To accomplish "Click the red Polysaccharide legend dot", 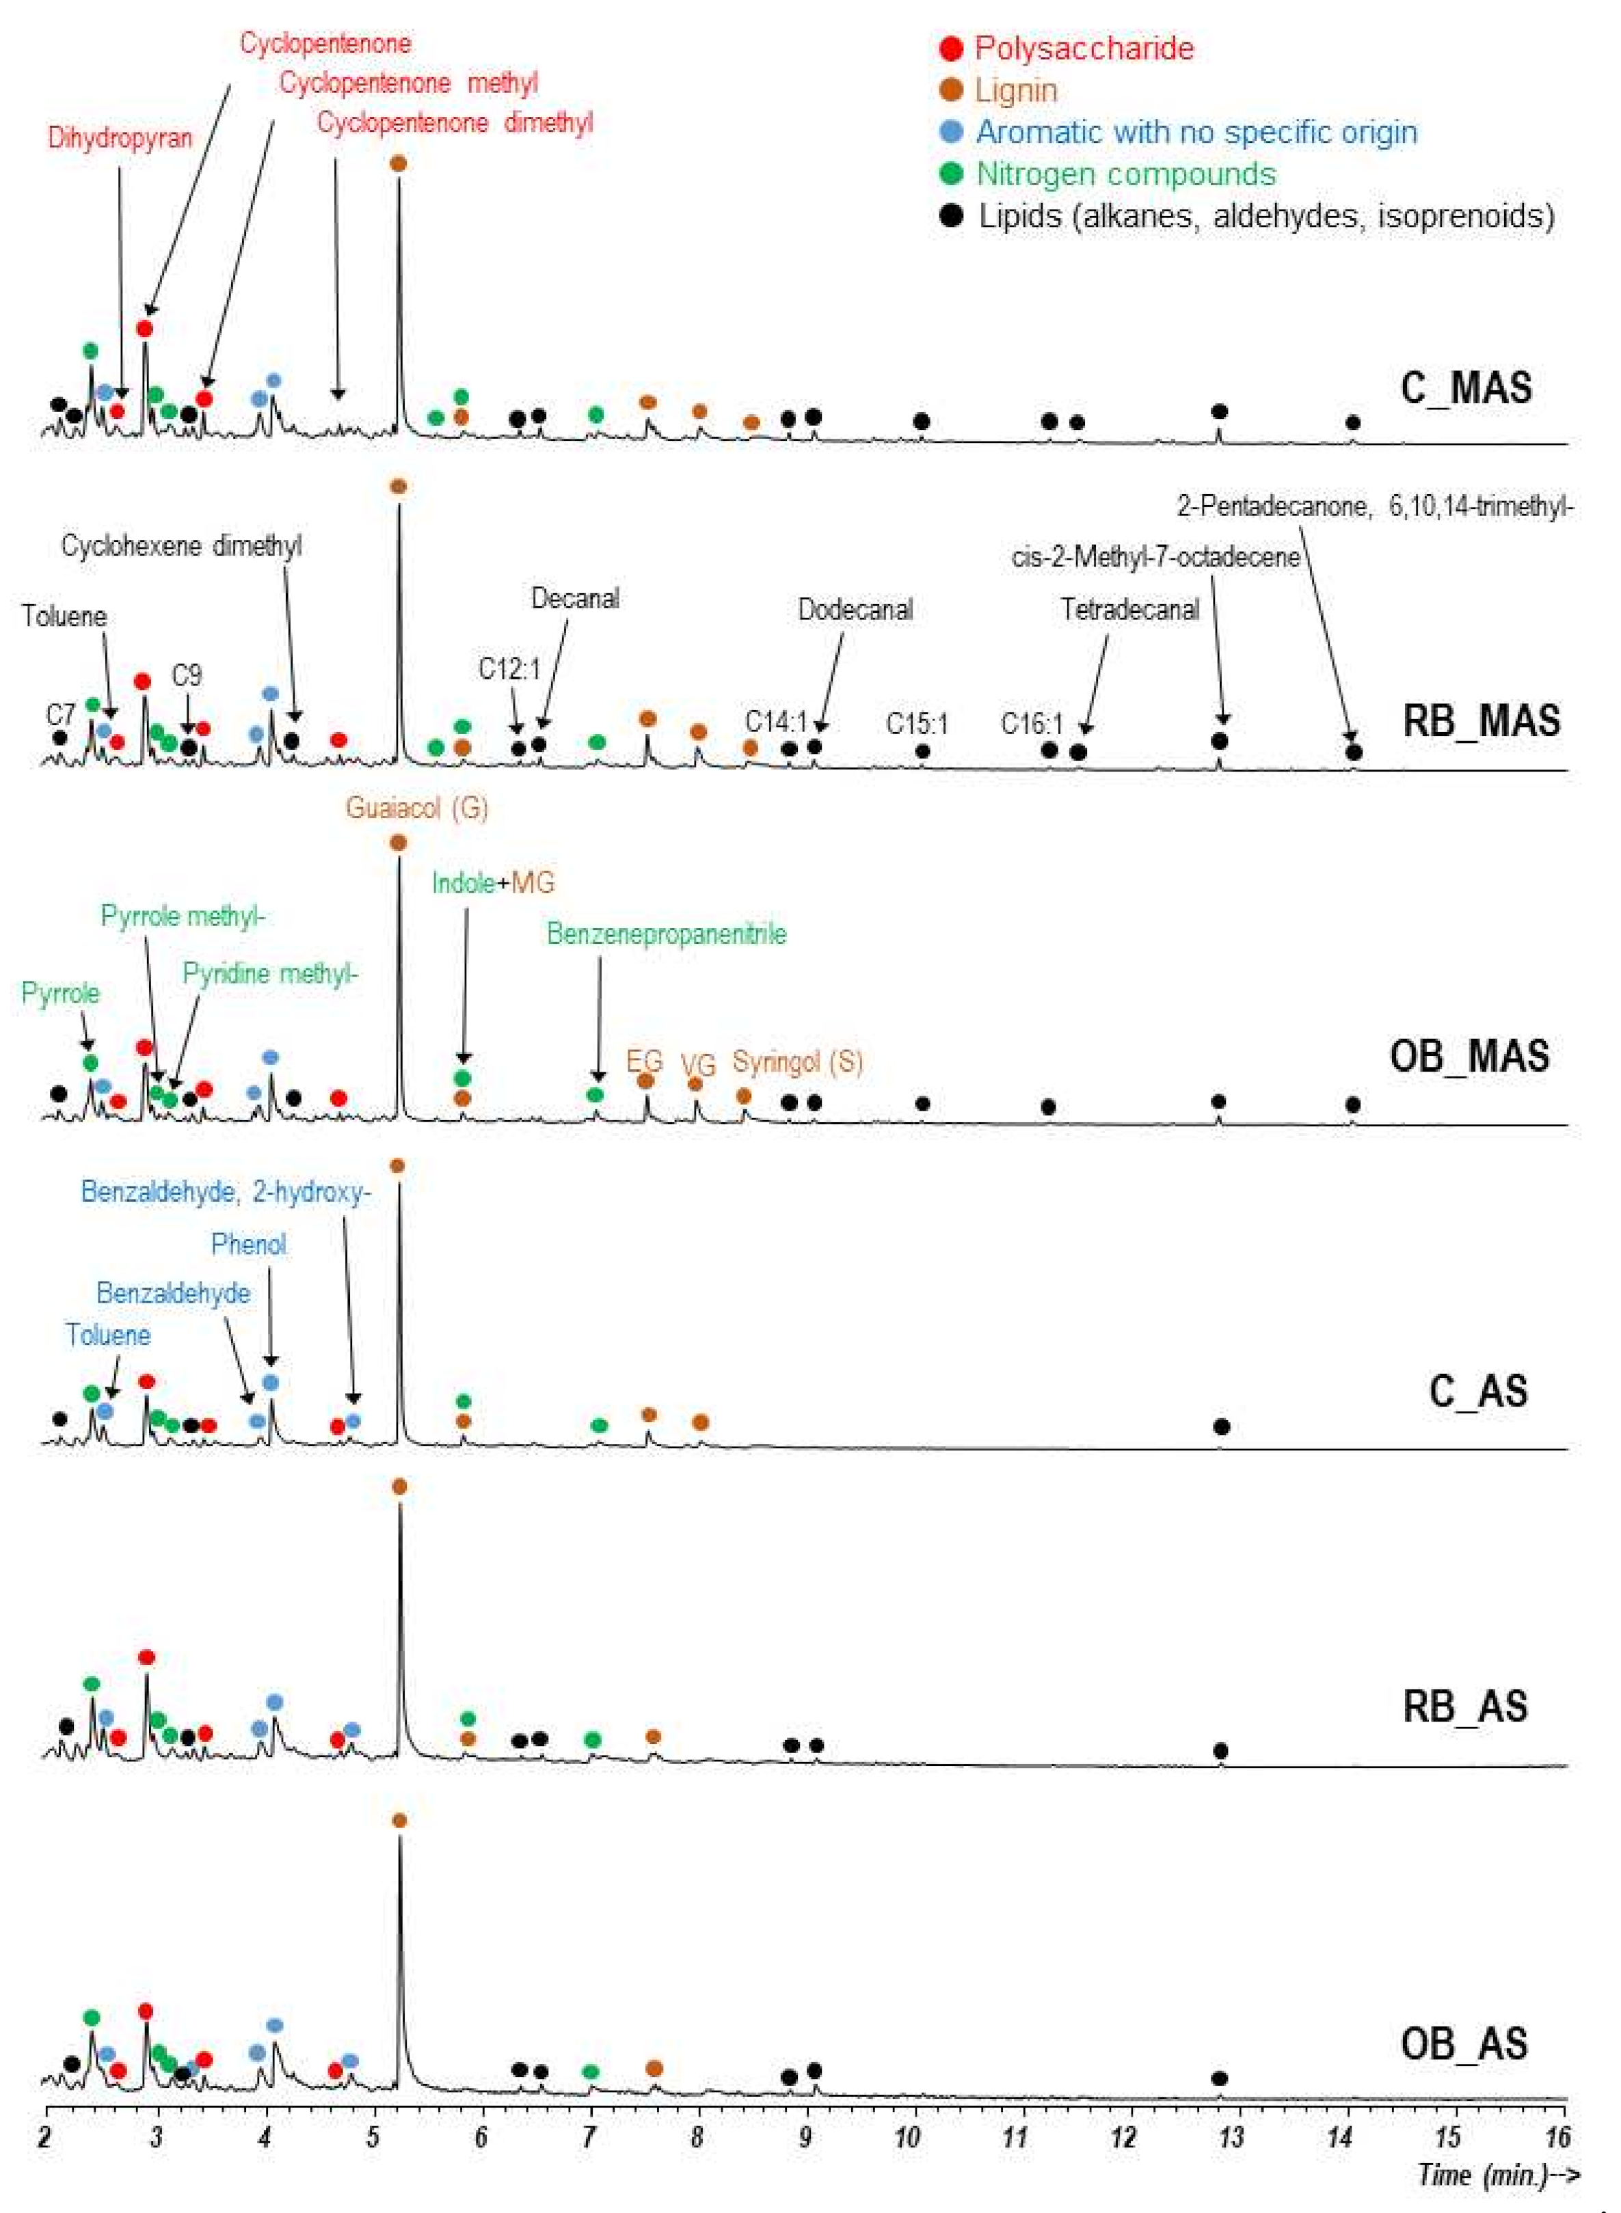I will click(950, 48).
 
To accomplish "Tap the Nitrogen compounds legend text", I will click(1125, 174).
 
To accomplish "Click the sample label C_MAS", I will click(1465, 388).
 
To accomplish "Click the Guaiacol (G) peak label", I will click(416, 809).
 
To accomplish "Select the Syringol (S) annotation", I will click(798, 1061).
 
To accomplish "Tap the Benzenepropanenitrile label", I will click(667, 933).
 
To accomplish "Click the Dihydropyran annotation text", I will click(120, 137).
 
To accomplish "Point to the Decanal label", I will click(575, 599).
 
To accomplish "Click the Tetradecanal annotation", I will click(1129, 610).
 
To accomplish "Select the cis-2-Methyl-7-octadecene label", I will click(1155, 557).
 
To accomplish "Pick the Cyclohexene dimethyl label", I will click(182, 545).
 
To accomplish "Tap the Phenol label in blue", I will click(250, 1244).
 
